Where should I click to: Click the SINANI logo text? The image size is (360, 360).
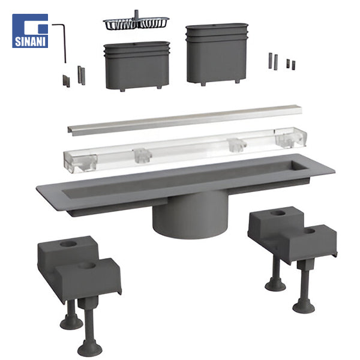click(x=30, y=41)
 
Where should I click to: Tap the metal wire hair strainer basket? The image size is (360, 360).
click(x=136, y=23)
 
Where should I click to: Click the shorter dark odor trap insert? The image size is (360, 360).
click(x=137, y=66)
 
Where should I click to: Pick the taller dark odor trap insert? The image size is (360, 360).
click(x=217, y=54)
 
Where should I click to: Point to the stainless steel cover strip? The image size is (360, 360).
click(x=185, y=121)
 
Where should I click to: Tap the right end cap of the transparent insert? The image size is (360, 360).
click(x=290, y=137)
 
